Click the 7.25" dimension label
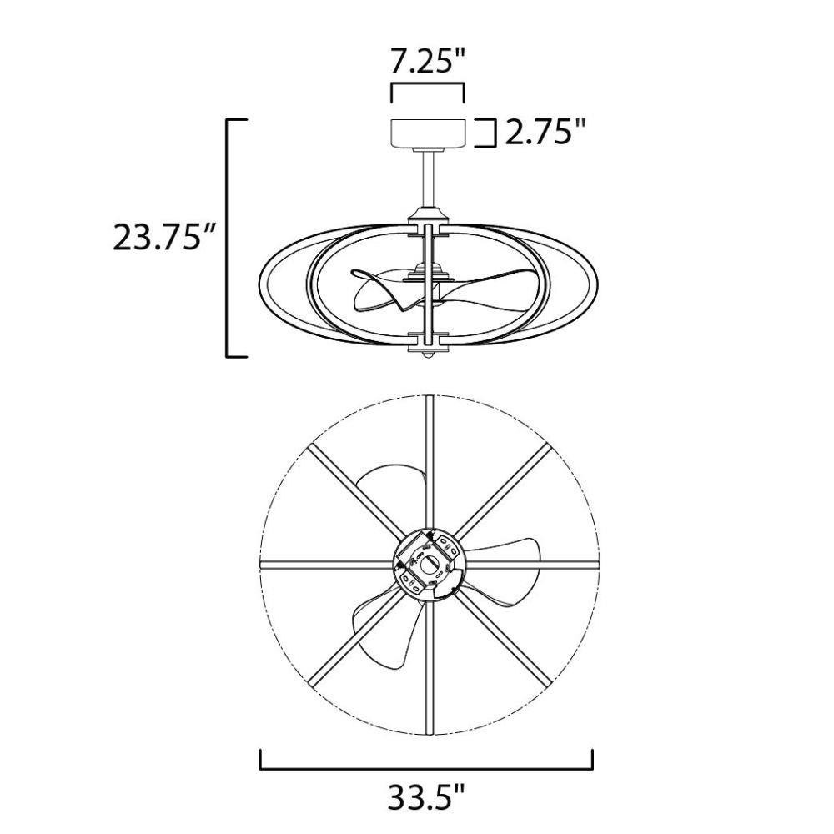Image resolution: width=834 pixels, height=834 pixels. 428,61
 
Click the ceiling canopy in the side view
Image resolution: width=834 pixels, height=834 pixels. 429,133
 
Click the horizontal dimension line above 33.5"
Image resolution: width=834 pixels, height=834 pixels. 426,767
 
